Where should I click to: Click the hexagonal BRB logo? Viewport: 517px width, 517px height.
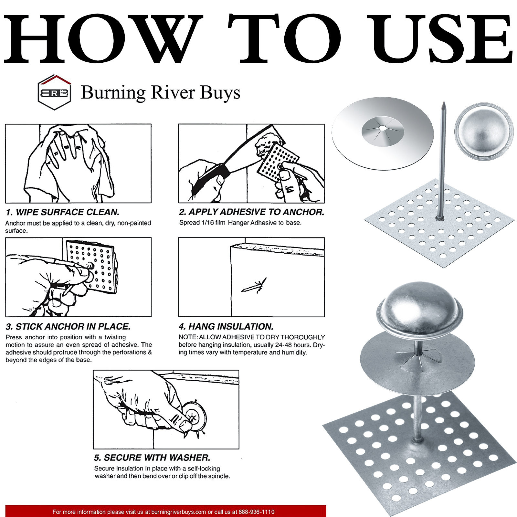[54, 92]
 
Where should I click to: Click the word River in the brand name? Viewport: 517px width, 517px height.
[173, 92]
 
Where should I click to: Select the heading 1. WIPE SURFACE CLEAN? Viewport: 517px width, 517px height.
[63, 212]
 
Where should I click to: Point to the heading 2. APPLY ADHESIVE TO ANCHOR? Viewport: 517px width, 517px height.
[252, 212]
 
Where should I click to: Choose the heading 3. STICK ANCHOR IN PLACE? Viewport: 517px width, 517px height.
[68, 326]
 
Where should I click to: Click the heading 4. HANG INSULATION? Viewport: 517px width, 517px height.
[226, 326]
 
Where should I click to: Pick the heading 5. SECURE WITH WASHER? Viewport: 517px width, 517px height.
[152, 458]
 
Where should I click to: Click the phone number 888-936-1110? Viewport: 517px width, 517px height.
[257, 512]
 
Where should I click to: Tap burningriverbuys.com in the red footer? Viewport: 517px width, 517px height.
[179, 512]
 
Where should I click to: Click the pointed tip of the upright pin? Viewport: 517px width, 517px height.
[444, 102]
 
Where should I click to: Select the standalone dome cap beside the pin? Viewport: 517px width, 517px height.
[484, 131]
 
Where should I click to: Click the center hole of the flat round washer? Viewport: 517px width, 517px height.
[383, 128]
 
